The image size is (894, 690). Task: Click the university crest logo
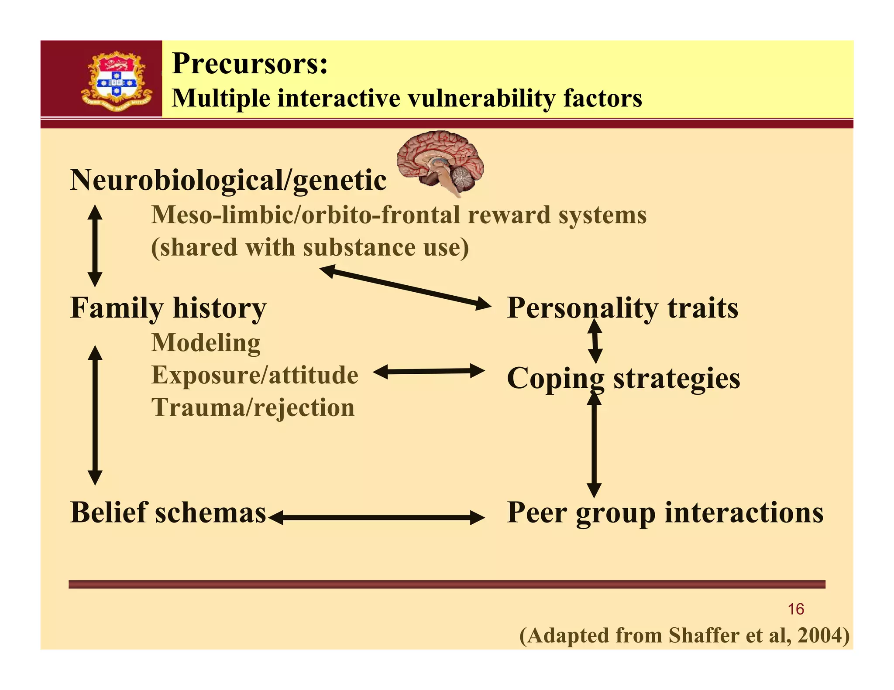point(117,81)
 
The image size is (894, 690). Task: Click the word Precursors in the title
point(249,64)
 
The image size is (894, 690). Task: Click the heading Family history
point(168,308)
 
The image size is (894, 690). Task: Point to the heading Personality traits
point(622,308)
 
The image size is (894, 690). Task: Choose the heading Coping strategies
point(623,378)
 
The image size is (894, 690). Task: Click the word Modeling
point(206,343)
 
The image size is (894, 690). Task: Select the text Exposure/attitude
point(254,375)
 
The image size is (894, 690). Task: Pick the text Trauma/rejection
point(253,407)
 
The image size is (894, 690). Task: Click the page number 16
point(795,609)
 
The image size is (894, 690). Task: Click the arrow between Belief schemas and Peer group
point(376,518)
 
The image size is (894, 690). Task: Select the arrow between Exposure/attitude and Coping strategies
point(429,372)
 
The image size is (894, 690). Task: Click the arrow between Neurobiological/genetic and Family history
point(95,246)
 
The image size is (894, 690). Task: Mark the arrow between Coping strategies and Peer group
point(594,445)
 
